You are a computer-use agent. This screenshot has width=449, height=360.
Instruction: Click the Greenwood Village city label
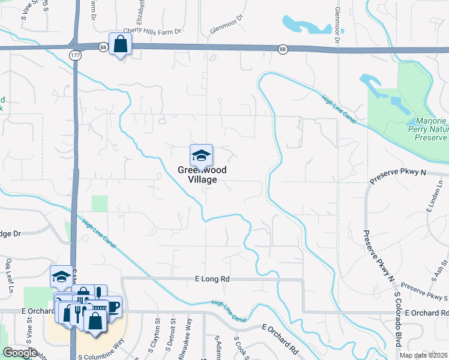tap(202, 174)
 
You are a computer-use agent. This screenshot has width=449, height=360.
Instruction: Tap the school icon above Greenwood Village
tap(202, 156)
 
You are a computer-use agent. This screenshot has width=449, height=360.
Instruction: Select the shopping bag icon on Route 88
tap(120, 44)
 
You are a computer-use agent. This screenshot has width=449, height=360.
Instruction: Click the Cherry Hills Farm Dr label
tap(152, 31)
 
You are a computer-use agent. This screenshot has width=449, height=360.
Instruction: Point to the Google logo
tap(19, 353)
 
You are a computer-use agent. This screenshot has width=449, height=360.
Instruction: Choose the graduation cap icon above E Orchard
tap(61, 276)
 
